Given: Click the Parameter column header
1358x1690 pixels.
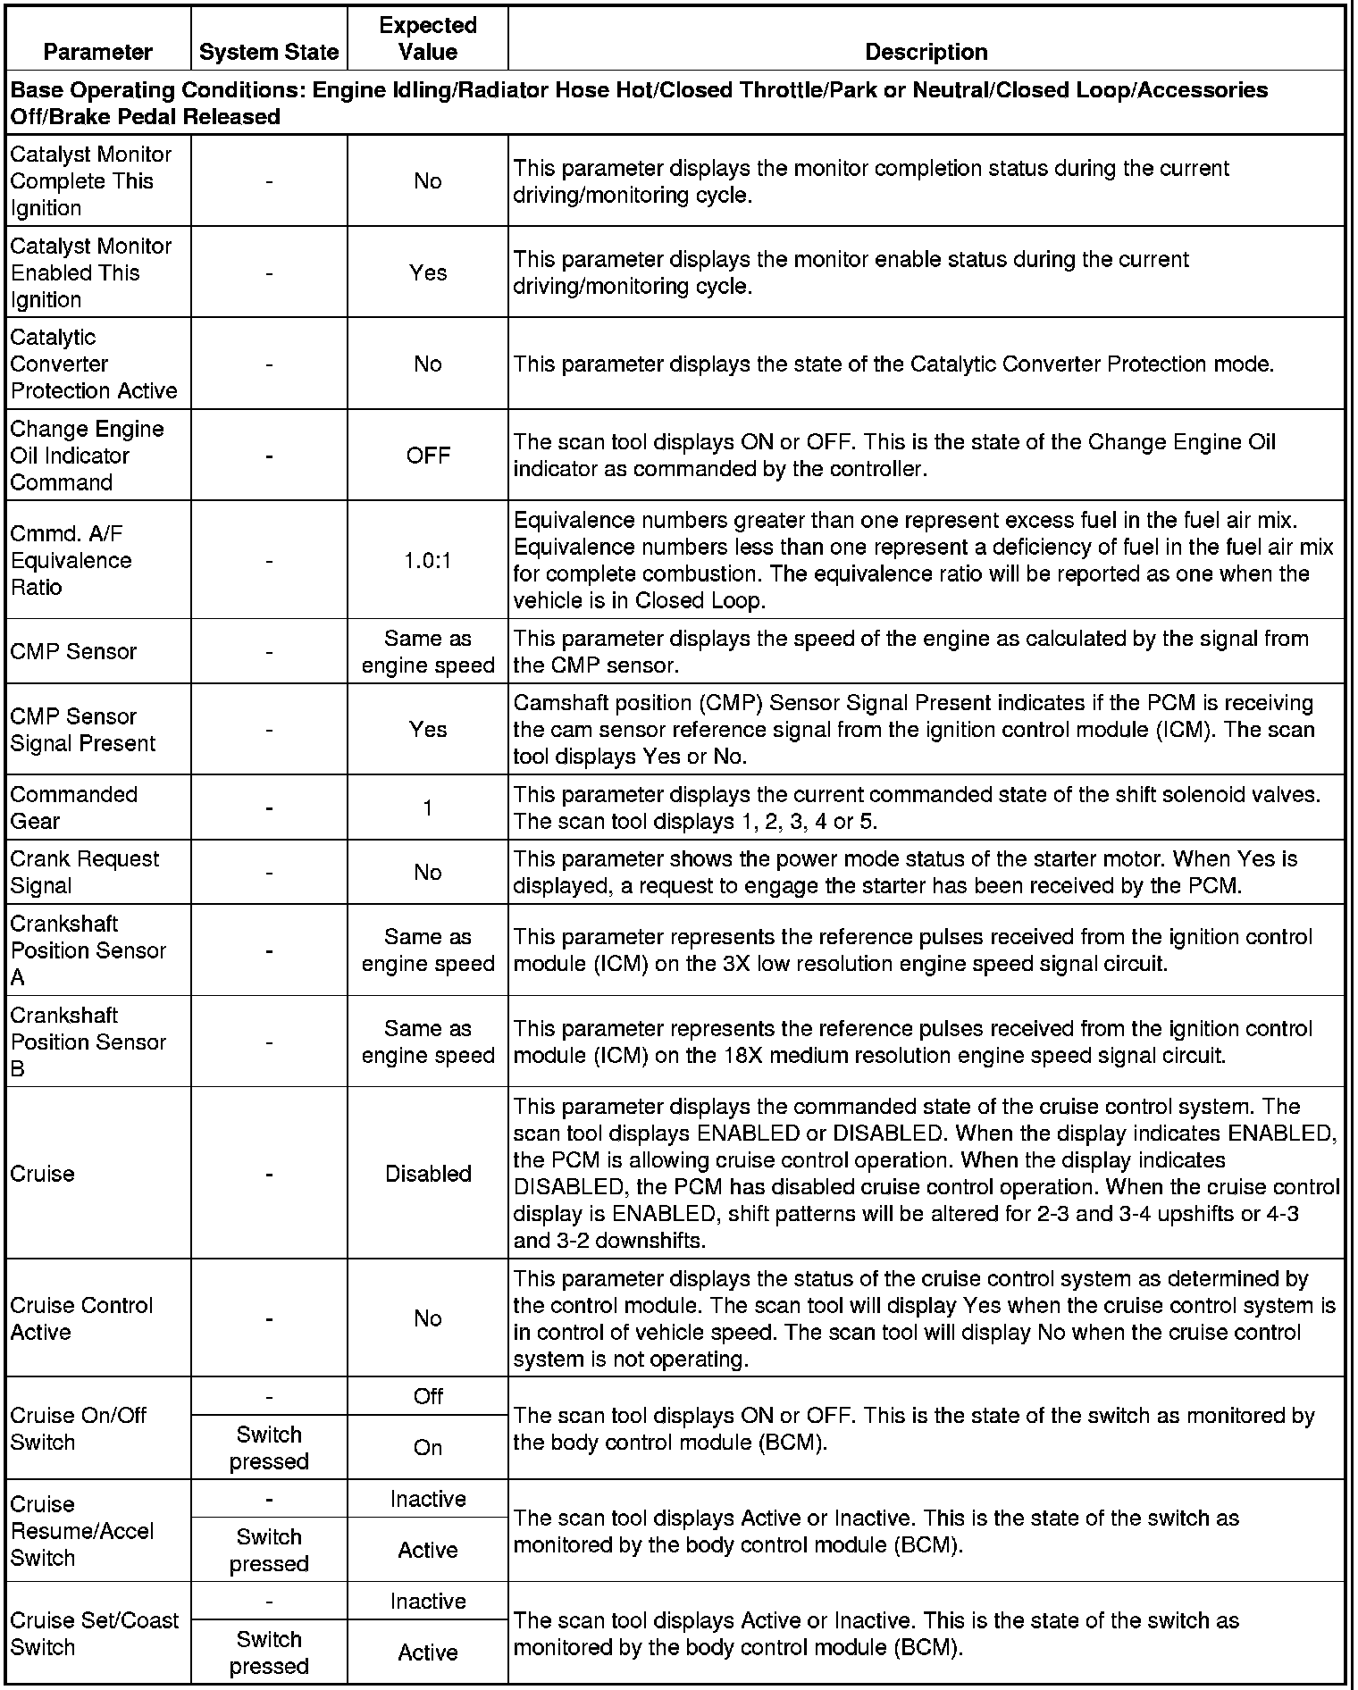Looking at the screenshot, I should [x=97, y=52].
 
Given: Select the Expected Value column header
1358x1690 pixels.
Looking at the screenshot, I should [x=427, y=38].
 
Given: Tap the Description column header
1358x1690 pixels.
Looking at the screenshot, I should [x=926, y=52].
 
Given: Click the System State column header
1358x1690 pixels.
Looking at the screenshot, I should [x=269, y=52].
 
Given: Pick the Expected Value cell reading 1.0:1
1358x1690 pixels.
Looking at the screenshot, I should [x=427, y=560].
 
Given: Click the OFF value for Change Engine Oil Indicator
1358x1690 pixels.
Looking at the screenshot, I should [x=427, y=456].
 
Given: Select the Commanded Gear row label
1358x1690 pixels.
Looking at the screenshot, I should [x=73, y=807].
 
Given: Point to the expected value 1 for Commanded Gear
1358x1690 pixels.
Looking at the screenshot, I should [x=427, y=807].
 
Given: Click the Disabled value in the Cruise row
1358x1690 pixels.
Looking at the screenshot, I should [x=427, y=1174].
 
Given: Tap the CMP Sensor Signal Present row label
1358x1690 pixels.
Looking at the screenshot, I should [x=82, y=730].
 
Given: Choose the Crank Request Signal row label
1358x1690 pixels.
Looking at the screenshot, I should [x=84, y=872].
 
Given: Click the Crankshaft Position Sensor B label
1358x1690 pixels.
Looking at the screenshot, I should [x=88, y=1042].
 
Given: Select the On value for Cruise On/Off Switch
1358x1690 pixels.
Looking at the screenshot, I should [x=427, y=1447].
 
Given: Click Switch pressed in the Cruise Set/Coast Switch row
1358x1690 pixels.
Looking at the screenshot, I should [x=269, y=1652].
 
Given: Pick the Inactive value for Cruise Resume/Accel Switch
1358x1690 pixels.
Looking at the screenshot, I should [x=427, y=1499].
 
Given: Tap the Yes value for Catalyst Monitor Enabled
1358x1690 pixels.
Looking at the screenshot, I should [x=427, y=272].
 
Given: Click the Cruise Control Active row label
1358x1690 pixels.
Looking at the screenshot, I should [x=81, y=1318].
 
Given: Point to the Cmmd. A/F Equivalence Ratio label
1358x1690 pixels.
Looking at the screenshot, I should [x=71, y=560].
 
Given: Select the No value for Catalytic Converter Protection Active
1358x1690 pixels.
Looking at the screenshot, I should [x=427, y=364].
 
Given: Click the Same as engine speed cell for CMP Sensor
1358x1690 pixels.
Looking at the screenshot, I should [x=427, y=652].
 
